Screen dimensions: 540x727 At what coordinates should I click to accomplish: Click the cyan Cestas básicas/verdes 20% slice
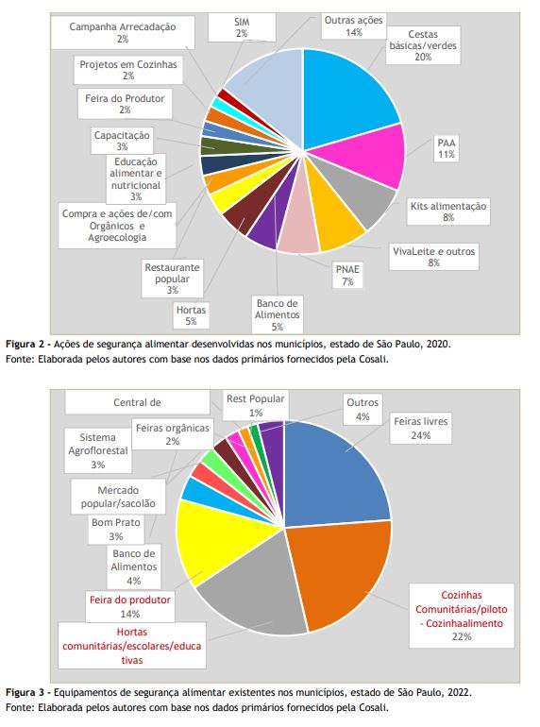(346, 97)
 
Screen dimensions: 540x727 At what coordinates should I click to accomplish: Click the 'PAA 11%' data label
(447, 148)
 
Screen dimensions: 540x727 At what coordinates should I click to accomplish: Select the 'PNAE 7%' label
(347, 276)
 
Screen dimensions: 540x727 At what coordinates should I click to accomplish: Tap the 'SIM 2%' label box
(242, 27)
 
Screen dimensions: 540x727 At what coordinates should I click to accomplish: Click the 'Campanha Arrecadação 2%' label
(123, 32)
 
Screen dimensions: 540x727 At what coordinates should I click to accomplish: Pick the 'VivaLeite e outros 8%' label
(434, 257)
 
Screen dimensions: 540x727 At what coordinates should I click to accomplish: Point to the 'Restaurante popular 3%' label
(172, 279)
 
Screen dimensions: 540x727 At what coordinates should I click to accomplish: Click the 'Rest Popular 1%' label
(256, 406)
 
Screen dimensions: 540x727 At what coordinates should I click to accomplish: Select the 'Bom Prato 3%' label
(116, 529)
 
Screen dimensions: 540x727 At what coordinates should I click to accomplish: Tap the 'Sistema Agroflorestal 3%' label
(98, 450)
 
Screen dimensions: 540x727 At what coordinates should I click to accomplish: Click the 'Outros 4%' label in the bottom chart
(363, 410)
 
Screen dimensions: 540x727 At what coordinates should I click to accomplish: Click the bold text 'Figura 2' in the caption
(25, 344)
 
